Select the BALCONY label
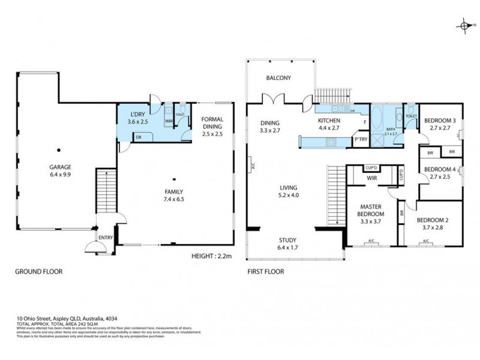click(278, 78)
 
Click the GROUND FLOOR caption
click(38, 272)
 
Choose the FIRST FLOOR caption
click(266, 272)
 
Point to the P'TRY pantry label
click(361, 140)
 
